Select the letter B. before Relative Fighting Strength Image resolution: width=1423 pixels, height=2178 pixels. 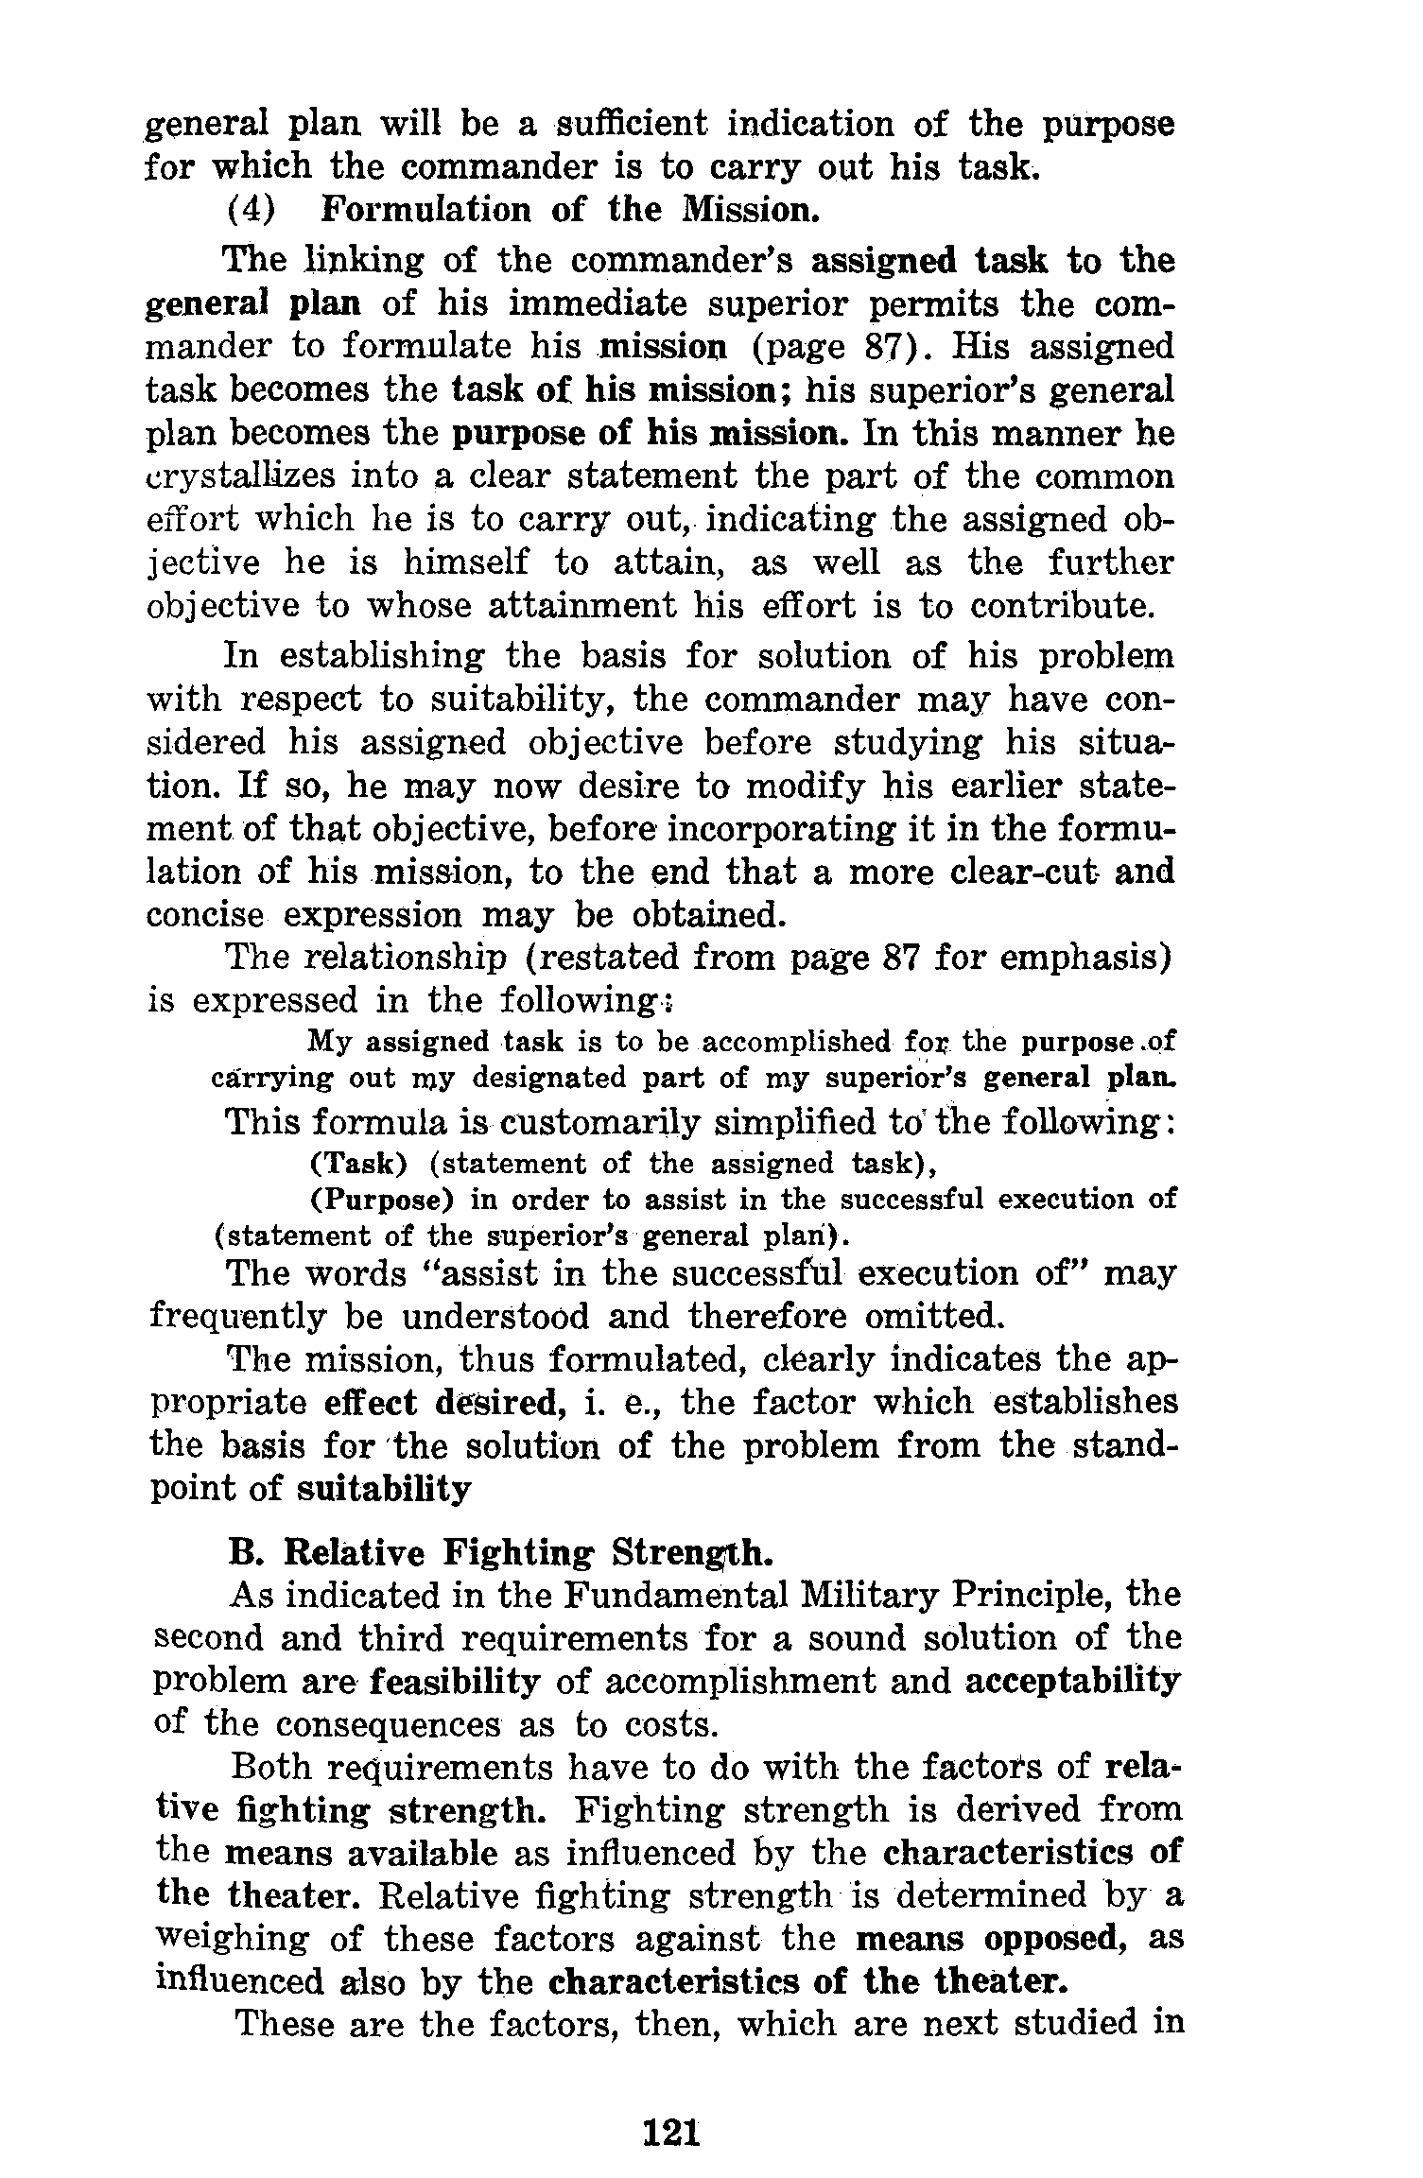coord(244,1553)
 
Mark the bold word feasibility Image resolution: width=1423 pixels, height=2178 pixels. coord(455,1682)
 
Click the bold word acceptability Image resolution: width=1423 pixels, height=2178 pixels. coord(1072,1682)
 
